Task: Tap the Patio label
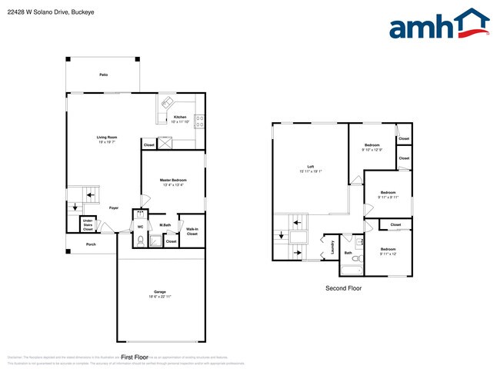tap(103, 75)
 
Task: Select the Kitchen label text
tap(180, 117)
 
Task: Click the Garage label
tap(160, 292)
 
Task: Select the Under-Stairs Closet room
tap(88, 225)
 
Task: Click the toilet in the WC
tap(140, 241)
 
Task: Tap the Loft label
tap(311, 167)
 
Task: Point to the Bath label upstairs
tap(348, 253)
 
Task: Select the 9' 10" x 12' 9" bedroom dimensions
tap(372, 149)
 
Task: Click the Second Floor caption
tap(344, 288)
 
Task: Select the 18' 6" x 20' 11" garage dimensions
tap(160, 297)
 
